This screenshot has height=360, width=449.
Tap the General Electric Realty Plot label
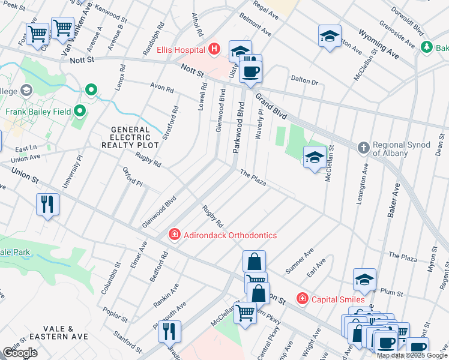point(130,137)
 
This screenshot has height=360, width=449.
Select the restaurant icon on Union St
point(47,204)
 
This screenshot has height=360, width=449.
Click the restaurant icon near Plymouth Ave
point(170,331)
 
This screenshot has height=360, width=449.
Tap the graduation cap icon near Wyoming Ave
point(330,35)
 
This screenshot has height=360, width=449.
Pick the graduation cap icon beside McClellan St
point(314,157)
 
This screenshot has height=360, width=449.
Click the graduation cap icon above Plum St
point(364,279)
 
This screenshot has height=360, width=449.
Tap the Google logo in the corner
point(19,353)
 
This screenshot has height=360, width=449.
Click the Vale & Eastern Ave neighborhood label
point(62,333)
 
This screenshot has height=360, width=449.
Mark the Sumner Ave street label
point(299,263)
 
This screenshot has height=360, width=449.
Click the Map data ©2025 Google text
point(412,355)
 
